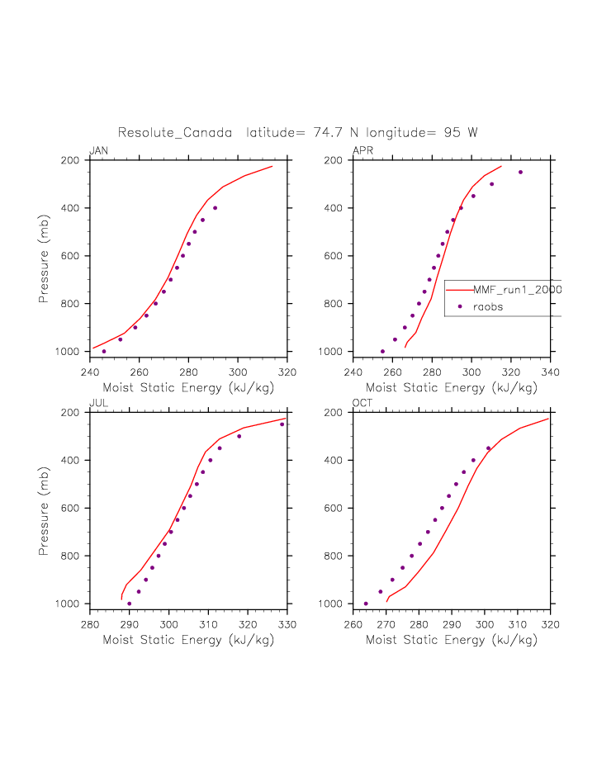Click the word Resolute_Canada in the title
(174, 132)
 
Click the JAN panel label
(98, 150)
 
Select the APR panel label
(362, 150)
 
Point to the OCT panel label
(362, 403)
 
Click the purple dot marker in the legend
(460, 306)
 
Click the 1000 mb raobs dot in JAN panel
(104, 351)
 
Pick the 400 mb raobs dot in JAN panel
(215, 208)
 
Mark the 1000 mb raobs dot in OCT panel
(366, 604)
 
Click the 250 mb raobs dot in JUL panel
(282, 424)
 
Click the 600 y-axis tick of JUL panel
(74, 508)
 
